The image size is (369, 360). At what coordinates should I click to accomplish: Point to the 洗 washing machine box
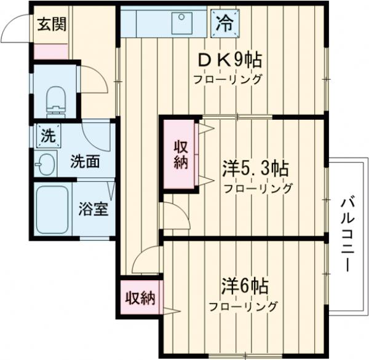(x=47, y=136)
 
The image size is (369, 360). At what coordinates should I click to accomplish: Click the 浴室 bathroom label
(x=93, y=208)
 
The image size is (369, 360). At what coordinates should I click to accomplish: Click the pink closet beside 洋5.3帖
(x=179, y=155)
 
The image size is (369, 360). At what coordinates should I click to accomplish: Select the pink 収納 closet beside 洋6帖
(x=140, y=298)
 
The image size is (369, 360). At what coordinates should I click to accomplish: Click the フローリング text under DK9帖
(x=228, y=79)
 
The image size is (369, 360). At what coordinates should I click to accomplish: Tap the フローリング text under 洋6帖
(x=244, y=306)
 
